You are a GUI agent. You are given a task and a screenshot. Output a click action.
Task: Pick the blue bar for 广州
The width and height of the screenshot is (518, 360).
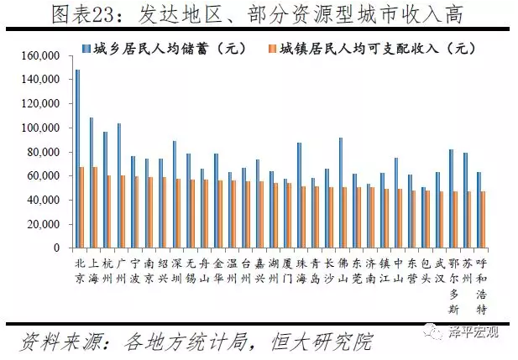(118, 185)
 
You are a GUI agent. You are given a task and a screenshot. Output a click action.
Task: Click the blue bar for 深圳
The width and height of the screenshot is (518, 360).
(174, 194)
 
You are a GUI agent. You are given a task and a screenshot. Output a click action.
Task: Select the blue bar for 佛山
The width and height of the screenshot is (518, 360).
(339, 192)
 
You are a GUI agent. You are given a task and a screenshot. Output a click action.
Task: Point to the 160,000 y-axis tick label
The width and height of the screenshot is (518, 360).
(39, 55)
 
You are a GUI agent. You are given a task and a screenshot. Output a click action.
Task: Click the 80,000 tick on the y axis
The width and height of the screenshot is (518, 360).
(43, 153)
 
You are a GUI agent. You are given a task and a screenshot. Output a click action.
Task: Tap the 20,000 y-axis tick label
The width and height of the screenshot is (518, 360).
(43, 225)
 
